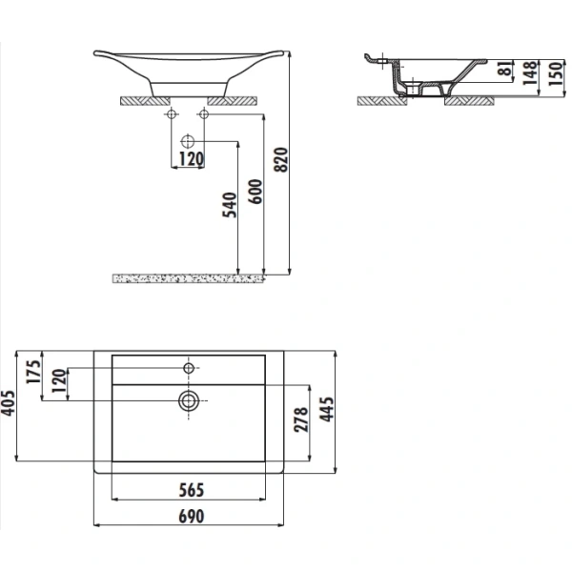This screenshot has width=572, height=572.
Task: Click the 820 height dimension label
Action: point(281,159)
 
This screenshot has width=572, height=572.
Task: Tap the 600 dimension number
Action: point(255,192)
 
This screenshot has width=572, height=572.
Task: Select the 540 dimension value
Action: point(230,205)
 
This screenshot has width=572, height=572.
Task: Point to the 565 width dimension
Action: point(192,490)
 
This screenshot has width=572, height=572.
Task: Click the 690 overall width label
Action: point(192,516)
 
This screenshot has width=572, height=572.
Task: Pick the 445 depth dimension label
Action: point(326,409)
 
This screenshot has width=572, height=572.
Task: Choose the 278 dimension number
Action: point(301,419)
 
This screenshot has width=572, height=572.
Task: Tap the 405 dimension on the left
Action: point(8,403)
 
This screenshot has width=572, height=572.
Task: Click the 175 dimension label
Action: point(33,372)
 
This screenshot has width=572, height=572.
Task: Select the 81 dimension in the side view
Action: point(505,69)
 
